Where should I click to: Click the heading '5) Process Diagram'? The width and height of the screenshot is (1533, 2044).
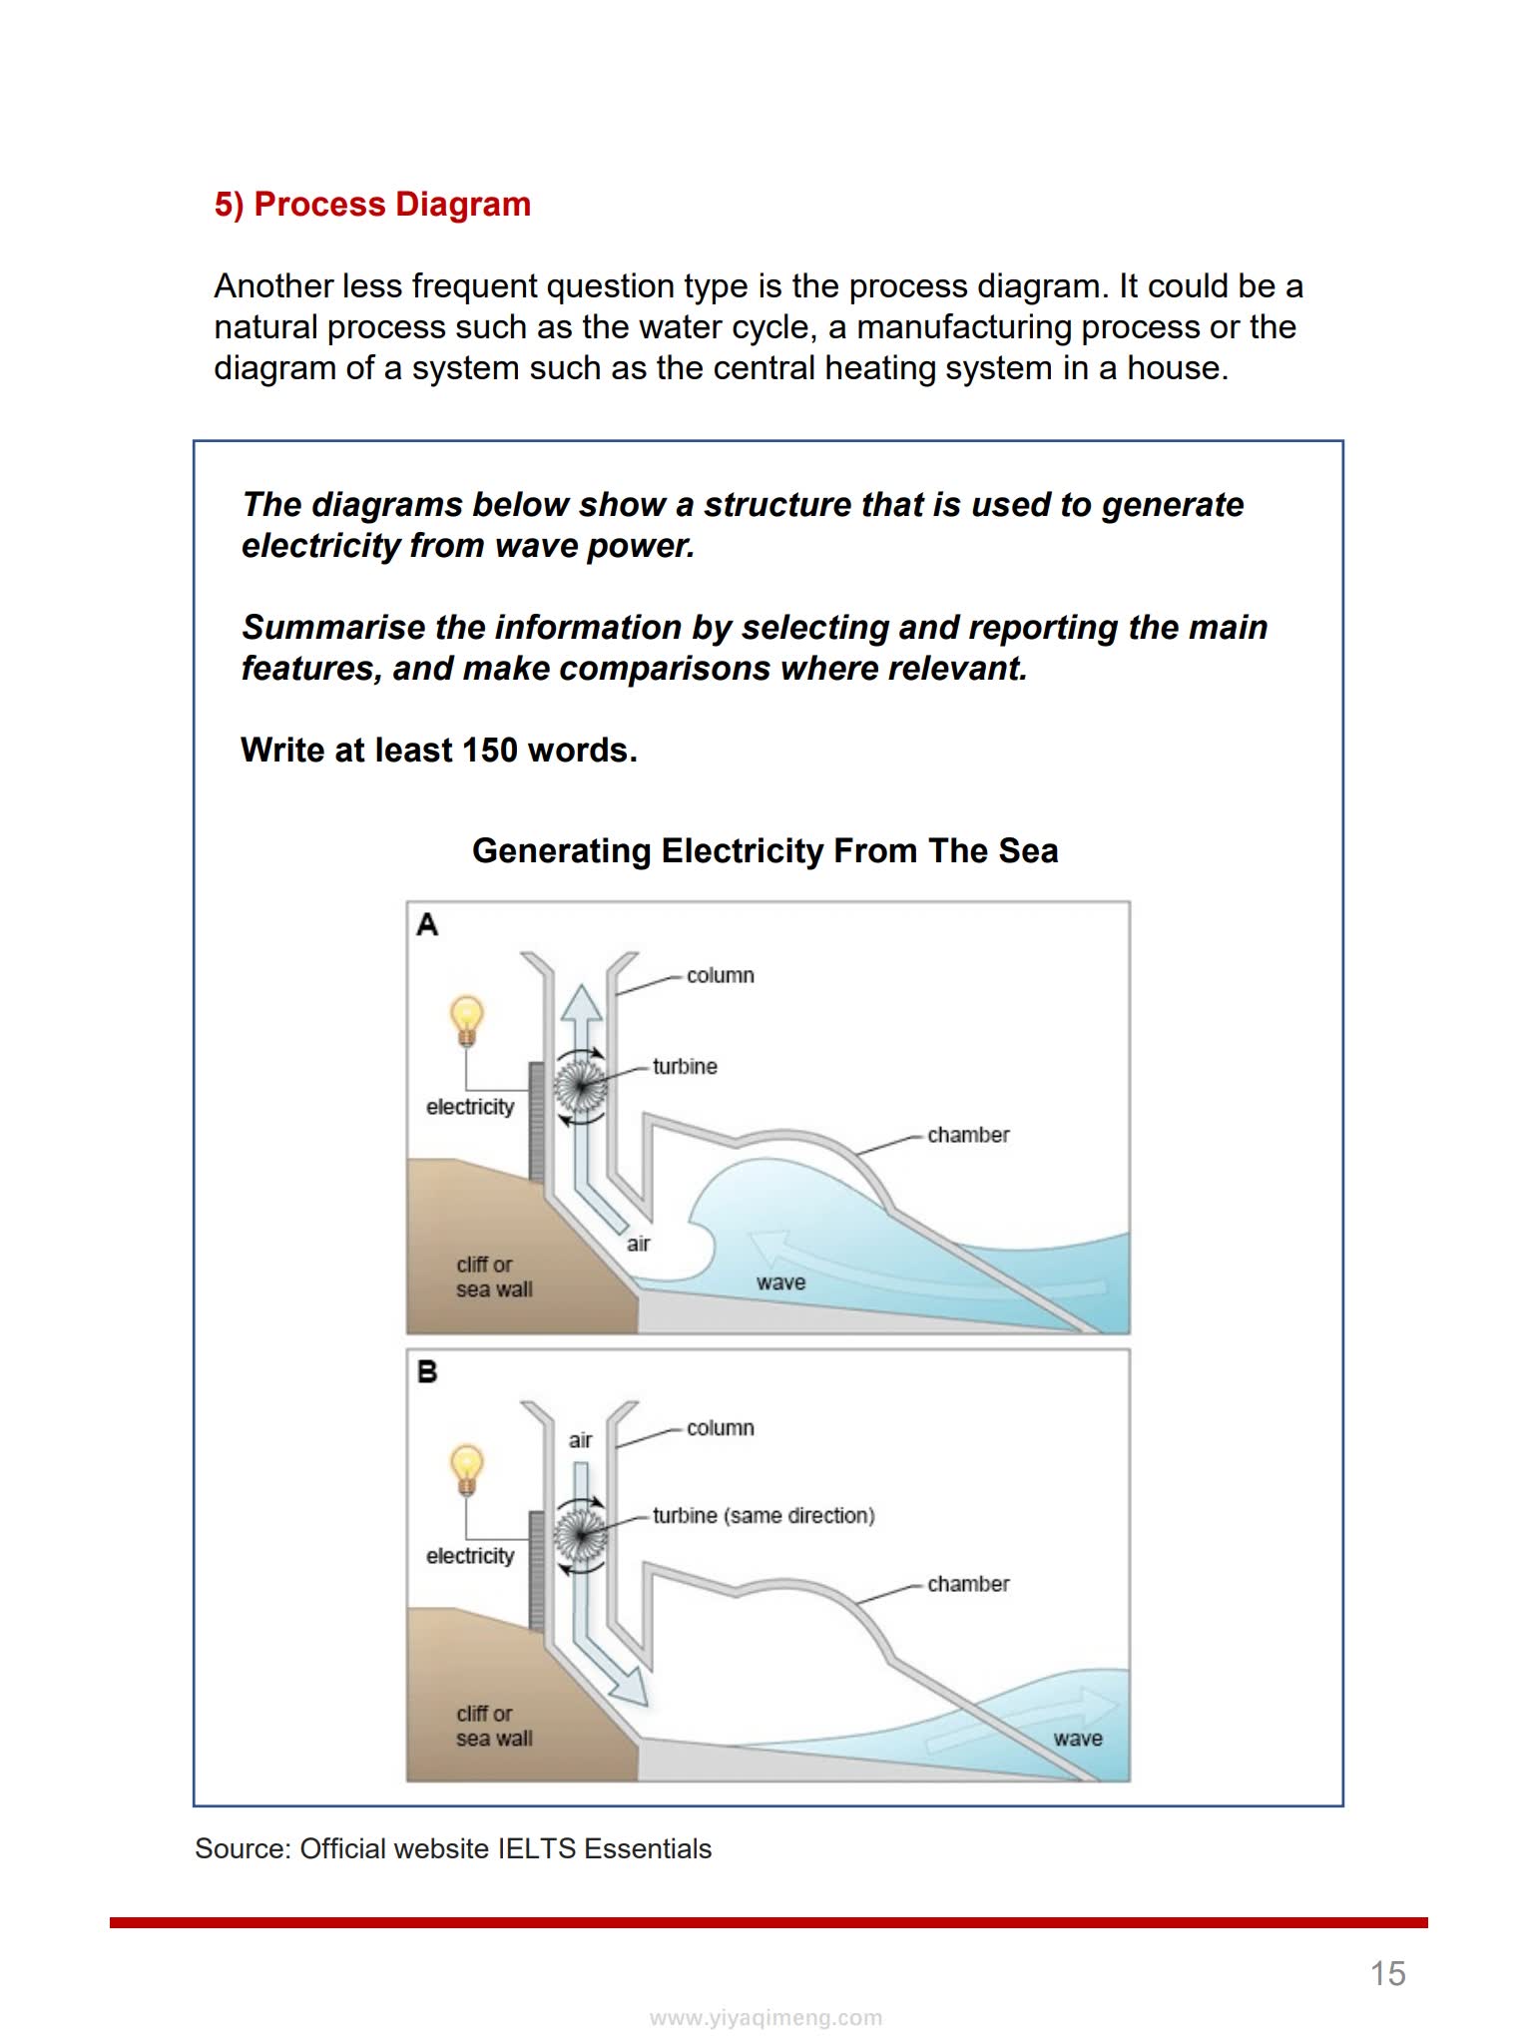point(372,205)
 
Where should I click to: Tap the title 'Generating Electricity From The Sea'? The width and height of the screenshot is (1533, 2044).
point(765,851)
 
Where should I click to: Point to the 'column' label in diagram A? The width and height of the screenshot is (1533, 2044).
point(720,976)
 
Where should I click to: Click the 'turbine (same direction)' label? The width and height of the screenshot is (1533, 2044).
point(764,1516)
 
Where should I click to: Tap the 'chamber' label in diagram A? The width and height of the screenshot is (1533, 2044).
point(968,1136)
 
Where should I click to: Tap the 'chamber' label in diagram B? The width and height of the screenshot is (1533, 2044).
point(968,1585)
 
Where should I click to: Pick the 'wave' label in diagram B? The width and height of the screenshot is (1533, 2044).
point(1078,1739)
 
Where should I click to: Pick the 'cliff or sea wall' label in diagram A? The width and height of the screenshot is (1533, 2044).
point(494,1277)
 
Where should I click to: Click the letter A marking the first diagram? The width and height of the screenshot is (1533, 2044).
point(427,925)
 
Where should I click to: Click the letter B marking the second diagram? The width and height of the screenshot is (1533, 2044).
point(427,1373)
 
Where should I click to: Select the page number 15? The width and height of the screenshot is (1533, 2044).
point(1387,1973)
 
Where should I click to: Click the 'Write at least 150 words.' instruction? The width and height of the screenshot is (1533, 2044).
point(439,751)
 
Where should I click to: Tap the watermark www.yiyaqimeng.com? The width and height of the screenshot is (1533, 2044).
point(766,2018)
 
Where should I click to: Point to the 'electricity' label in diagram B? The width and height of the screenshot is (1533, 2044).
point(470,1556)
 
